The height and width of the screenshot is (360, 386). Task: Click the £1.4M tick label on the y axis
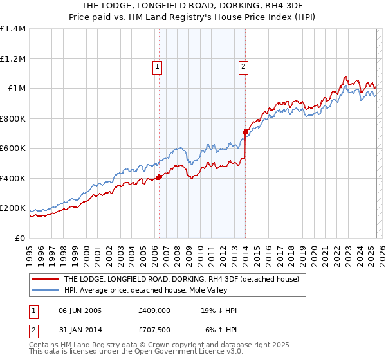click(13, 29)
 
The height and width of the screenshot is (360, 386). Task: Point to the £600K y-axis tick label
click(13, 148)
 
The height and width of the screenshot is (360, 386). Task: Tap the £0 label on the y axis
click(21, 238)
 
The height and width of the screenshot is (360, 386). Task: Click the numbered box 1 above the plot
click(158, 65)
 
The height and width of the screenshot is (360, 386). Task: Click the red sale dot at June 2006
click(159, 177)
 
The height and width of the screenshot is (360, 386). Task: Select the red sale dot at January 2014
click(245, 132)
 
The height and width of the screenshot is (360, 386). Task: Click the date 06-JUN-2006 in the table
click(80, 311)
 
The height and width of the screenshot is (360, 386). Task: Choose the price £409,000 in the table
click(154, 311)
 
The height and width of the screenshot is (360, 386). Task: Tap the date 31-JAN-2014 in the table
click(80, 330)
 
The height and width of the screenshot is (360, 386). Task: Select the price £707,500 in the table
click(154, 330)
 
